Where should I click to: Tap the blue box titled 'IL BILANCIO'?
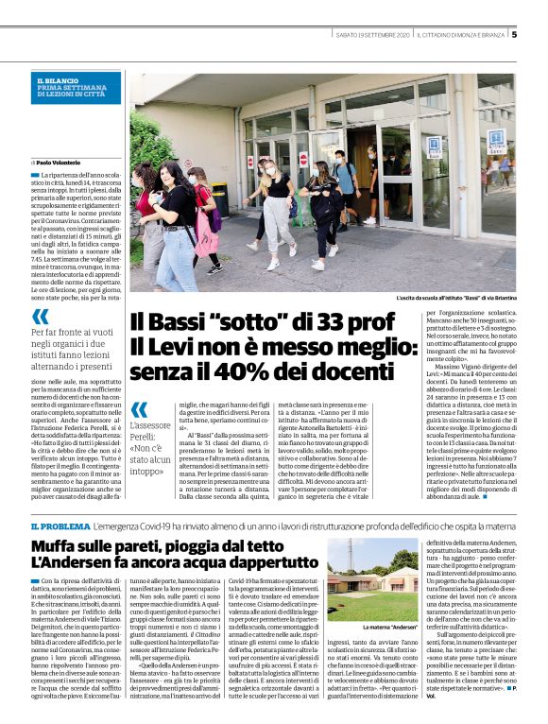point(75,87)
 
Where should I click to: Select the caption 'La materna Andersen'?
point(390,627)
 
